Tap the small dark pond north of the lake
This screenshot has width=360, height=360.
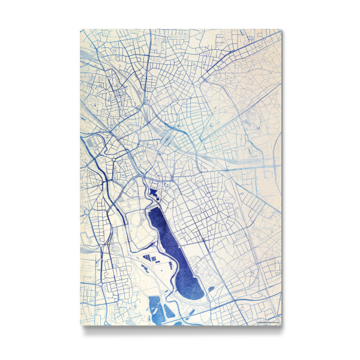[x=155, y=193]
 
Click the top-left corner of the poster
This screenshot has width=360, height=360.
[x=80, y=29]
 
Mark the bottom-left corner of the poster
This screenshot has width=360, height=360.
[x=80, y=325]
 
